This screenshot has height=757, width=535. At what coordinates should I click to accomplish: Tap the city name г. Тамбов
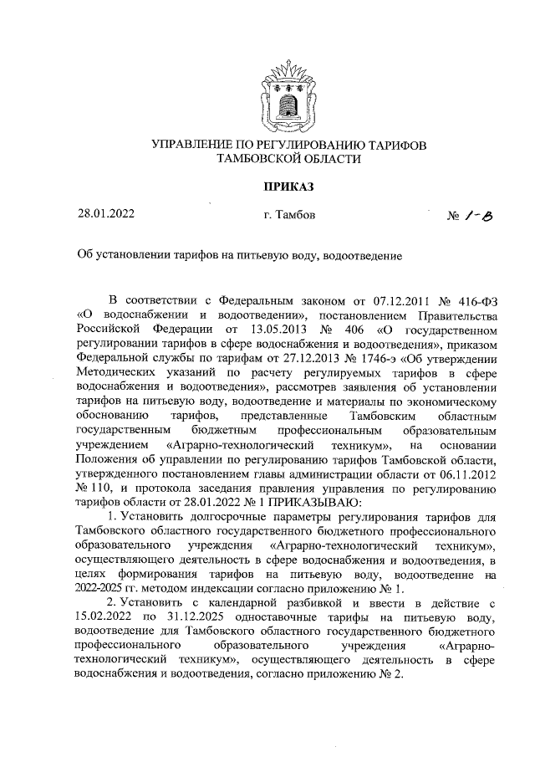288,216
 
